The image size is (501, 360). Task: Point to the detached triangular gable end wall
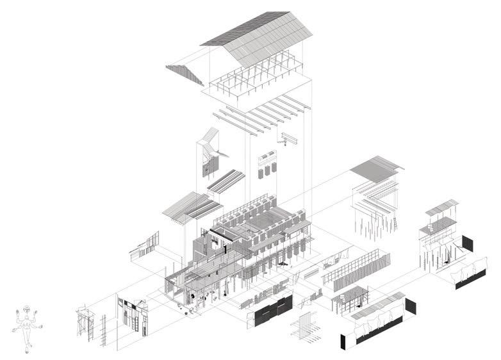(x=186, y=74)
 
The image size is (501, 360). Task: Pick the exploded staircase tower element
(x=209, y=153)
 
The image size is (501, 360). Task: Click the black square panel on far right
(x=467, y=243)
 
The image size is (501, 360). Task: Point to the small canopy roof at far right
(x=442, y=208)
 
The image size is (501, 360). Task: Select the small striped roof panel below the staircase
(x=226, y=181)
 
